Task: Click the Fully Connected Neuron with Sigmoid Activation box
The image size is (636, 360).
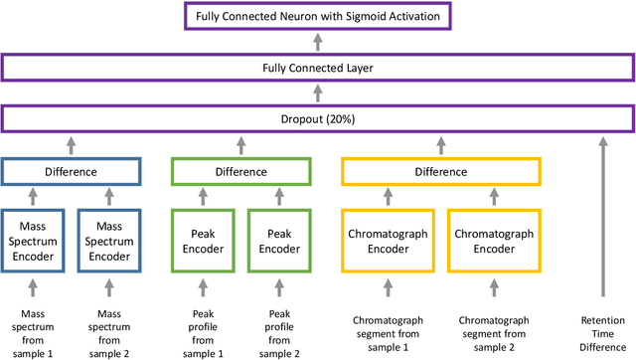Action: pos(317,16)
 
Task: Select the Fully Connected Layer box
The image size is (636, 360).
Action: pos(317,68)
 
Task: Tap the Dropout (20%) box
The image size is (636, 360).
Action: pos(317,119)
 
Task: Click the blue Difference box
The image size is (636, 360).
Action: pos(71,171)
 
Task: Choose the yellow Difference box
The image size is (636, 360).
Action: pos(441,171)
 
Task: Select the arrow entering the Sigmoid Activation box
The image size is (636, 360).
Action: pos(317,42)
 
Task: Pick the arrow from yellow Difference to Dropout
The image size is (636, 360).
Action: pos(441,145)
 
